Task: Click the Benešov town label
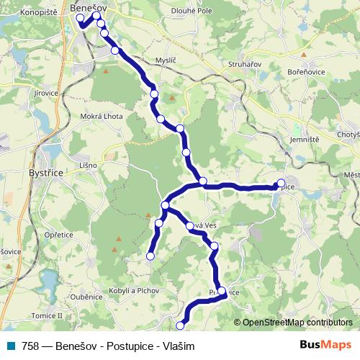point(90,6)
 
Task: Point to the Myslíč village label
point(156,60)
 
